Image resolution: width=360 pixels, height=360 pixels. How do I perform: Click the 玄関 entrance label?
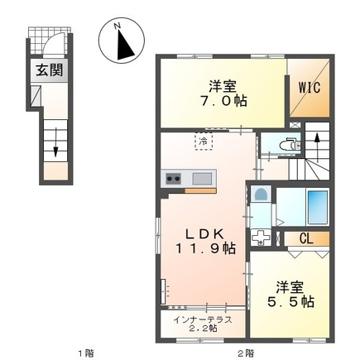click(x=50, y=70)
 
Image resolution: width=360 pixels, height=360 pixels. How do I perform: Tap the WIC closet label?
click(x=310, y=88)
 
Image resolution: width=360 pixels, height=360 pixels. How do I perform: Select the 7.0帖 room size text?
click(x=223, y=101)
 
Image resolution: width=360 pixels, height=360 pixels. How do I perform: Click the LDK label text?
click(x=204, y=234)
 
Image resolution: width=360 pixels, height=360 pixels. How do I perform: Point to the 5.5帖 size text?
click(x=290, y=302)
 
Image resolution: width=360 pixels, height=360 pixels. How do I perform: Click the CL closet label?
click(x=306, y=239)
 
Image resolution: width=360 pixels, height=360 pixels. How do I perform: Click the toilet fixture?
click(x=290, y=143)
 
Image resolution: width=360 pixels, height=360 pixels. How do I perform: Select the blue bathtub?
click(x=318, y=207)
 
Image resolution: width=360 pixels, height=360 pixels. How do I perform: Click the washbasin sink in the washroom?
click(x=261, y=194)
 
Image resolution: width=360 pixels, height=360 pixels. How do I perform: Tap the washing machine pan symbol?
click(x=261, y=238)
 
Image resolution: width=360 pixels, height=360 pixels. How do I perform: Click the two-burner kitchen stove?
click(x=173, y=179)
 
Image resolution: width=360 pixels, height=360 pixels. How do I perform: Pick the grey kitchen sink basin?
click(x=202, y=179)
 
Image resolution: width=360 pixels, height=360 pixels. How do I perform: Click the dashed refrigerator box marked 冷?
click(x=204, y=142)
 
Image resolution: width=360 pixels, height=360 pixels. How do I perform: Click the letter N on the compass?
click(x=118, y=26)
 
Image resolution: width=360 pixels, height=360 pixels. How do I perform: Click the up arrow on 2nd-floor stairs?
click(x=317, y=148)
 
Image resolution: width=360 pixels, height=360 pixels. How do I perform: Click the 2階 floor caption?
click(x=246, y=353)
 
